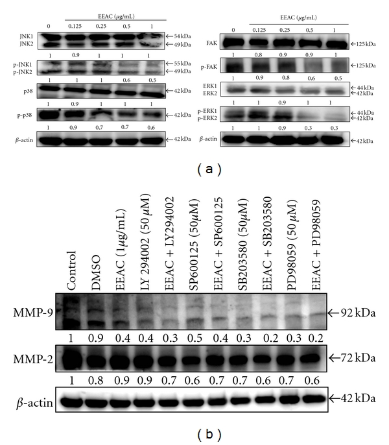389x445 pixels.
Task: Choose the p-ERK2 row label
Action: coord(207,119)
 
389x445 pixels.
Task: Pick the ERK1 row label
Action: coord(211,85)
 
